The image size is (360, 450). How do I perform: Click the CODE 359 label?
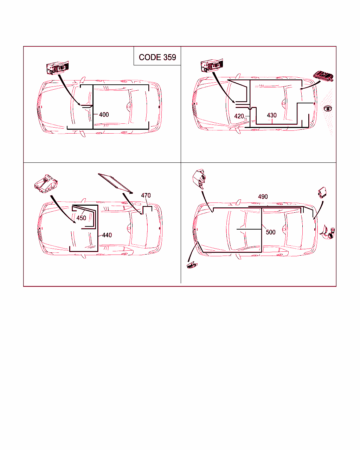point(157,57)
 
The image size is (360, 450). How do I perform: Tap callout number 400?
point(104,115)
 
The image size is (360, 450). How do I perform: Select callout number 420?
point(239,116)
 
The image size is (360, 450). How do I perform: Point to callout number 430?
point(272,115)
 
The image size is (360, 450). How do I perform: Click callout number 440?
point(107,235)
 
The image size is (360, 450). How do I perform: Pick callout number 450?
point(81,218)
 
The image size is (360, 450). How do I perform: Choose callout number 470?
point(146,195)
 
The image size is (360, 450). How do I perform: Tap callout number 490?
point(263,197)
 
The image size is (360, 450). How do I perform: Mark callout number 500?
point(270,232)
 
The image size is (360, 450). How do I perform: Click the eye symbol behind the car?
point(328,109)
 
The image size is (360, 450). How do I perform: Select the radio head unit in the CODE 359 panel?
point(57,67)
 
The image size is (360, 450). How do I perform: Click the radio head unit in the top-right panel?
point(212,65)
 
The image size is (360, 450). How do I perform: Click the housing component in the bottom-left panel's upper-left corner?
point(46,184)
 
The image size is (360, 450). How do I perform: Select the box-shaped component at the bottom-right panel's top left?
point(199,179)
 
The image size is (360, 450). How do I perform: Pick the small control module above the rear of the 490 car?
point(322,192)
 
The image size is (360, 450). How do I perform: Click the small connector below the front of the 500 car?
point(192,265)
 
